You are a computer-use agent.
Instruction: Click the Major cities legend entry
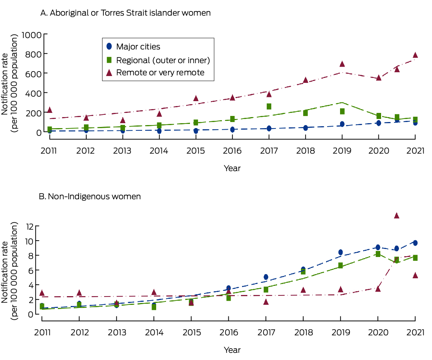point(138,47)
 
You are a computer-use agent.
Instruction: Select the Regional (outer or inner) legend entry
point(163,60)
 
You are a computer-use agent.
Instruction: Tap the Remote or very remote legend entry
point(160,73)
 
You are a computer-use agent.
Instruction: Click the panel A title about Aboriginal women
point(125,13)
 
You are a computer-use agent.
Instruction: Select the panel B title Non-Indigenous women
point(90,197)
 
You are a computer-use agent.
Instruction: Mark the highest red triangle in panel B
point(396,216)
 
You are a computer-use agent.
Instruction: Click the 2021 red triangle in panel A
point(415,55)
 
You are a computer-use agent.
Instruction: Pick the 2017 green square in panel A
point(269,106)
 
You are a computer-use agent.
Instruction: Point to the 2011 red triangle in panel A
point(49,110)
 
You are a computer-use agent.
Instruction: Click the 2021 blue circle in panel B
point(415,243)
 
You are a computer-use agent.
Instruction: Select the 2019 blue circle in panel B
point(340,252)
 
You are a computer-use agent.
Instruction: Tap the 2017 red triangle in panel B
point(266,302)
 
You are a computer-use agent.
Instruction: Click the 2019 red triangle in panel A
point(342,64)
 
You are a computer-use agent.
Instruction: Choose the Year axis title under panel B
point(232,350)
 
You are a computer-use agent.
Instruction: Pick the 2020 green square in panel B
point(378,254)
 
